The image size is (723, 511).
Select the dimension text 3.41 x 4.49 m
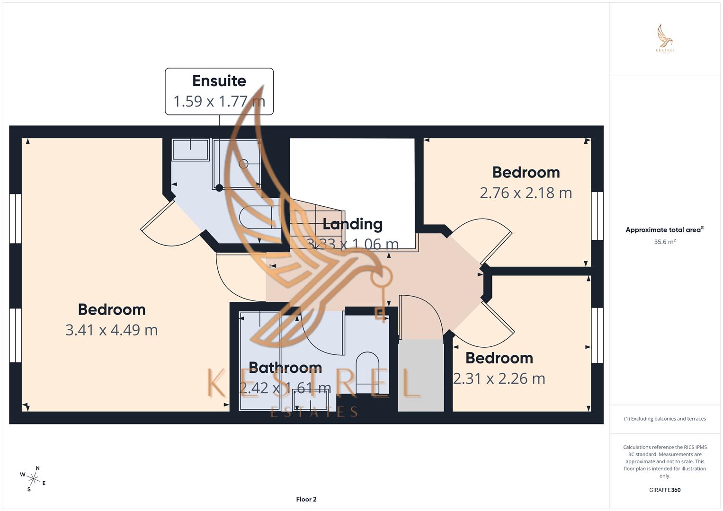[111, 330]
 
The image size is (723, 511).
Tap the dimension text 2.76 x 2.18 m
[526, 193]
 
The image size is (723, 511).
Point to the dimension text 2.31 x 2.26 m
[499, 379]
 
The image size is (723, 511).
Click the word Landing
[352, 224]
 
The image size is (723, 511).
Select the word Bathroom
[285, 368]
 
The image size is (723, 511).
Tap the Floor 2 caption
[306, 499]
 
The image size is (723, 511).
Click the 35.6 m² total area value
[664, 242]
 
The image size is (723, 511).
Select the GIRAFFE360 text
[664, 490]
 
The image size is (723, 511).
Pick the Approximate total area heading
[664, 230]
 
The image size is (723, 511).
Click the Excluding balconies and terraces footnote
[664, 419]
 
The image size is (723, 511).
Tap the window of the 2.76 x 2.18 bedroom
[598, 216]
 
